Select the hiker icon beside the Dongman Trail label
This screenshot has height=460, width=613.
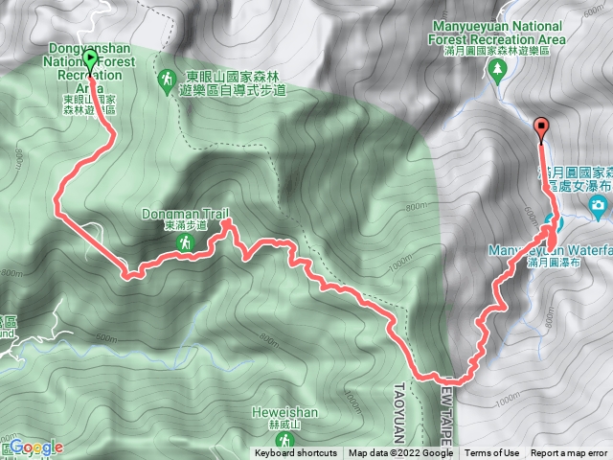[183, 246]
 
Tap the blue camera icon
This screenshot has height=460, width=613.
[599, 205]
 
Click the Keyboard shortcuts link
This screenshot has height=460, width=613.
[295, 453]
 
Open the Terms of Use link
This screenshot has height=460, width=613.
[492, 453]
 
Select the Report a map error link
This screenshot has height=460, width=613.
[569, 453]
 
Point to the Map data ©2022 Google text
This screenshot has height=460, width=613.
[400, 453]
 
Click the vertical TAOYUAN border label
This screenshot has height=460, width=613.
[399, 412]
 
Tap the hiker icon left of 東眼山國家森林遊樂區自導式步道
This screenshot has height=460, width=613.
[167, 78]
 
